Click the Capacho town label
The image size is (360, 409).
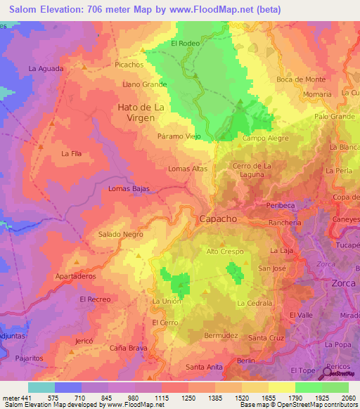tap(218, 219)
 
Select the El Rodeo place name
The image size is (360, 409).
tap(186, 44)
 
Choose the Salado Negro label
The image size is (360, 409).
tap(120, 234)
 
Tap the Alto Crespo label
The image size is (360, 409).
tap(225, 251)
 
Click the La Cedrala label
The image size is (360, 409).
tap(254, 303)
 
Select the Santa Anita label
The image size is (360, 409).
tap(204, 367)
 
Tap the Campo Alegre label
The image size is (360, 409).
tap(265, 138)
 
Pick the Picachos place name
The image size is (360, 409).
tap(129, 64)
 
